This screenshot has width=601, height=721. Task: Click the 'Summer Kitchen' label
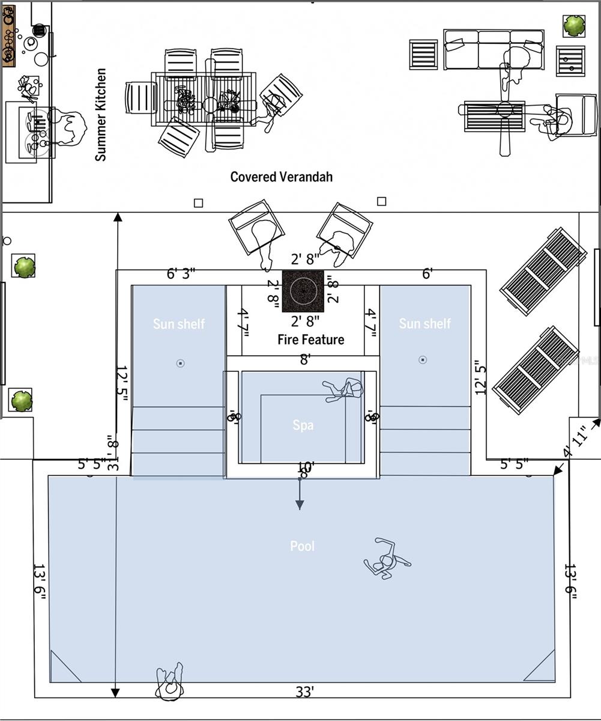point(101,114)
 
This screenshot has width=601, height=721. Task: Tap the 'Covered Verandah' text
point(281,177)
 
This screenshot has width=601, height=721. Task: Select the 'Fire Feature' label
point(310,339)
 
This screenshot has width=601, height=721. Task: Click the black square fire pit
point(303,291)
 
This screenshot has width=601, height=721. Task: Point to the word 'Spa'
point(303,425)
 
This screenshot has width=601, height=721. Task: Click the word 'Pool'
point(302,546)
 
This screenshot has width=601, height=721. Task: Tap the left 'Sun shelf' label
point(178,324)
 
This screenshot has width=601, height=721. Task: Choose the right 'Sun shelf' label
point(424,323)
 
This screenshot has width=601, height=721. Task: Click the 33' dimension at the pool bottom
point(305,692)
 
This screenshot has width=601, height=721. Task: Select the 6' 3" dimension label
point(181,274)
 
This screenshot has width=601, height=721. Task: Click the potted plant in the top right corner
point(574,25)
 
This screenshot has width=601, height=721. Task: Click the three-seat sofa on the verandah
point(494,49)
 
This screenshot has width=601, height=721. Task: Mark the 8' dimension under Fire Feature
point(305,359)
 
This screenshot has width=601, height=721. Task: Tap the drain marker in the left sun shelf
point(180,363)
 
